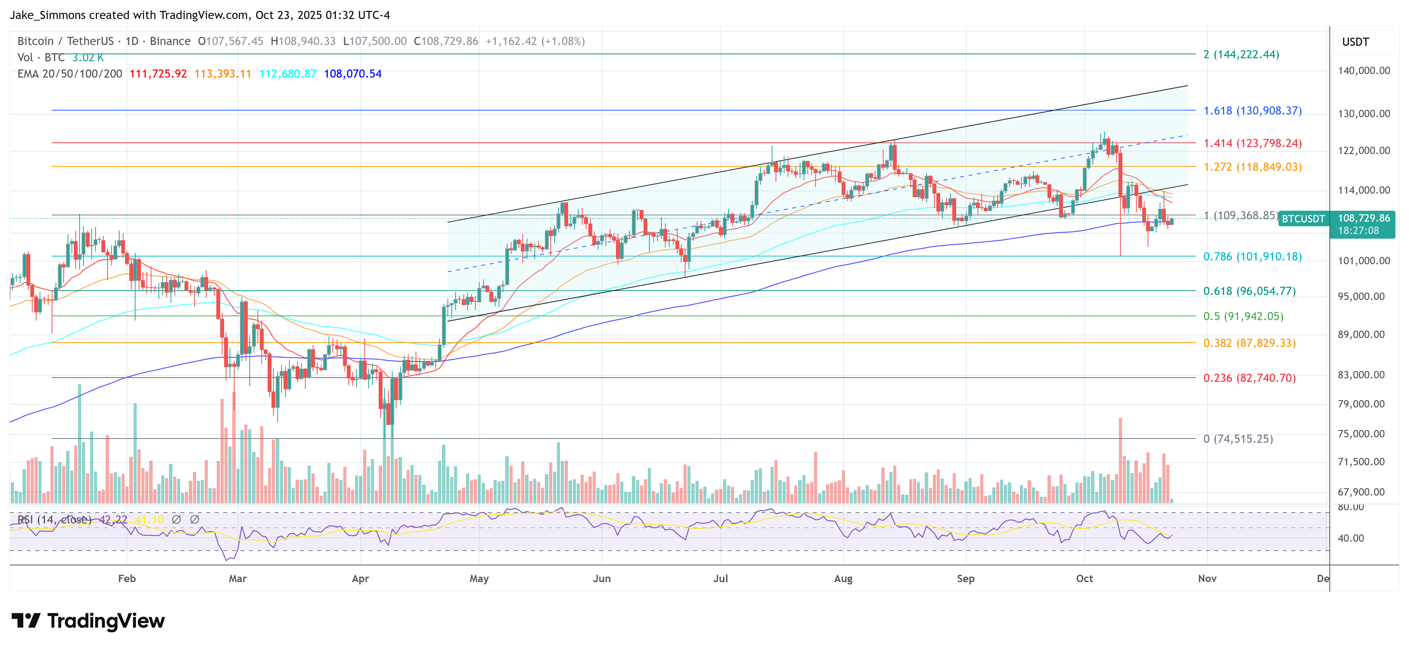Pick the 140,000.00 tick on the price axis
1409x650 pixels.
click(x=1363, y=71)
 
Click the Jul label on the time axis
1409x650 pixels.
click(x=720, y=578)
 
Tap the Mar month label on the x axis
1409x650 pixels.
click(x=237, y=578)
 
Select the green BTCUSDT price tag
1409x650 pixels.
click(x=1303, y=218)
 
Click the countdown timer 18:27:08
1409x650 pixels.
click(x=1358, y=231)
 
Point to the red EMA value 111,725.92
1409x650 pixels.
click(x=158, y=74)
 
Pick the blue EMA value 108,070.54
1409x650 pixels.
click(x=352, y=74)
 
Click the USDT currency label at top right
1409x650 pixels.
click(x=1355, y=42)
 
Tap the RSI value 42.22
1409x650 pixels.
click(x=113, y=519)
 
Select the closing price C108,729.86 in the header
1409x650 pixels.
click(x=446, y=41)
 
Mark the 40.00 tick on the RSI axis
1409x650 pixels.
click(x=1350, y=538)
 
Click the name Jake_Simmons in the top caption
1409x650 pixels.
click(x=48, y=15)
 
